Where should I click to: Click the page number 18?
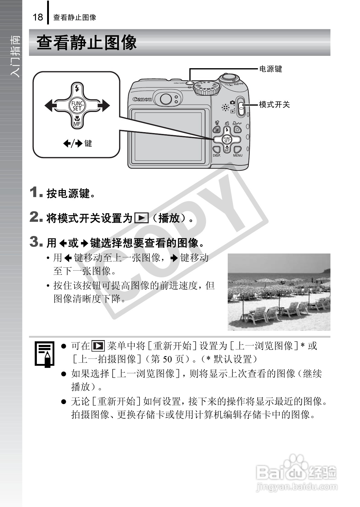[38, 17]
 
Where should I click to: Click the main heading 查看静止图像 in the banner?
[87, 43]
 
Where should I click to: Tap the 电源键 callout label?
[271, 69]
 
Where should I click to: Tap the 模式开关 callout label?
[274, 105]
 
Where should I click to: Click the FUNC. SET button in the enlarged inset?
[77, 106]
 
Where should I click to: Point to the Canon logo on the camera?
[142, 99]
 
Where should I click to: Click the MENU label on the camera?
[238, 155]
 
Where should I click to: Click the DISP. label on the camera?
[217, 155]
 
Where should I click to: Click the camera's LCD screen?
[168, 136]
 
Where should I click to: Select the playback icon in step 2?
[141, 218]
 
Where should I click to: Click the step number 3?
[36, 242]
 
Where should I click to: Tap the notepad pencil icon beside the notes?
[44, 354]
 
